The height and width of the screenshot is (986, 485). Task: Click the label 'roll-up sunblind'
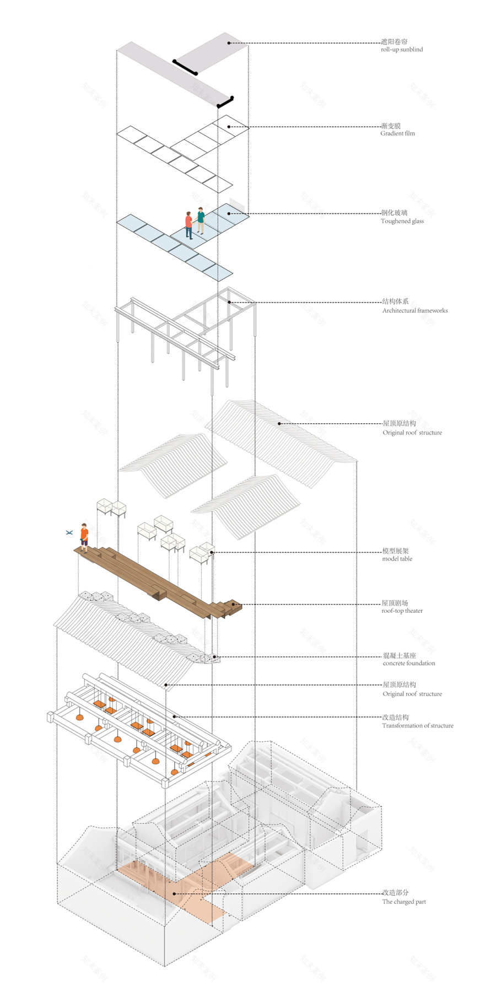(x=401, y=50)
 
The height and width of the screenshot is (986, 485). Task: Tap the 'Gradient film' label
(x=397, y=133)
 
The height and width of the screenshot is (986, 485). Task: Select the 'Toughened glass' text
(x=402, y=221)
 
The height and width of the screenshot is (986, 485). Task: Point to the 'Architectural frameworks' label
(x=414, y=311)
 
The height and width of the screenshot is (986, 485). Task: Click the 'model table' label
(x=397, y=559)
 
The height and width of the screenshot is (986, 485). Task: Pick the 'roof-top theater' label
(x=402, y=611)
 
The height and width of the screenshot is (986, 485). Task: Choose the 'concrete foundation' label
(x=408, y=663)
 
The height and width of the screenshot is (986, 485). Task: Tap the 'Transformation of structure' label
(x=417, y=726)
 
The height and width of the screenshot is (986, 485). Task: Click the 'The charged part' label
(x=403, y=902)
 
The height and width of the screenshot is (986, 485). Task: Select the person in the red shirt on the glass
(x=189, y=225)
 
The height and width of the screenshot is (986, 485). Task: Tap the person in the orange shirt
(x=84, y=537)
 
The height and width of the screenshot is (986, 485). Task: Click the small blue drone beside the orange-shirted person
(x=69, y=532)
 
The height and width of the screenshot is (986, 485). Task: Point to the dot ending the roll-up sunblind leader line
(x=230, y=42)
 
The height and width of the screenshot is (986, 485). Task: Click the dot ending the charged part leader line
(x=174, y=893)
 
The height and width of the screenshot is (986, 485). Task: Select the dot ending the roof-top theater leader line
(x=234, y=605)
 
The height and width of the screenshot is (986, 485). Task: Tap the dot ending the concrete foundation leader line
(x=214, y=657)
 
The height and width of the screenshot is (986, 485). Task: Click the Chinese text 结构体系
(x=395, y=301)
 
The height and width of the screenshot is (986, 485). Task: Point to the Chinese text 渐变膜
(x=390, y=126)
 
